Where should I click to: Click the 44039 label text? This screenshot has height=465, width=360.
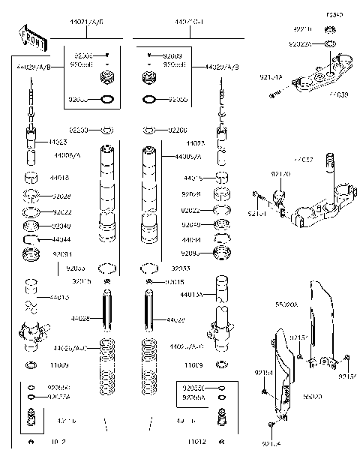pyautogui.click(x=337, y=94)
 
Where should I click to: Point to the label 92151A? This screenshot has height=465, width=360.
pyautogui.click(x=271, y=76)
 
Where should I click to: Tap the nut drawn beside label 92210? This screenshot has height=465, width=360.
pyautogui.click(x=330, y=29)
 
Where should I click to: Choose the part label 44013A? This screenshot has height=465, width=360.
pyautogui.click(x=193, y=295)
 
